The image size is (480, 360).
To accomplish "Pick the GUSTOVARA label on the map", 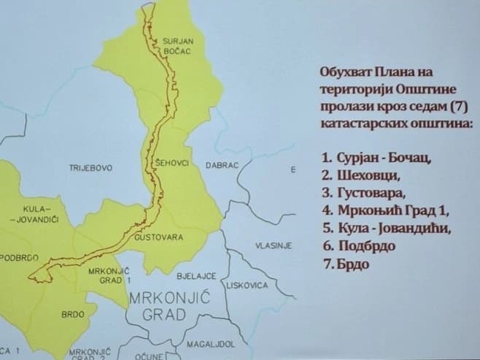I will (x=158, y=238).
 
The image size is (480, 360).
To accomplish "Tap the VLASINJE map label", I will (x=274, y=246).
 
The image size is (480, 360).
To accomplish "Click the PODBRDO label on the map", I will (x=19, y=257).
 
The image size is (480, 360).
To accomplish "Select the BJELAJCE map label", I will (x=196, y=276).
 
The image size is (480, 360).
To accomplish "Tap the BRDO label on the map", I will (x=74, y=315).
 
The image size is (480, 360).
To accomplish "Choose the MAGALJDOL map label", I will (x=209, y=342).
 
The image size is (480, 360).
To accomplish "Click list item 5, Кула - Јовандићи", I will (x=386, y=228).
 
